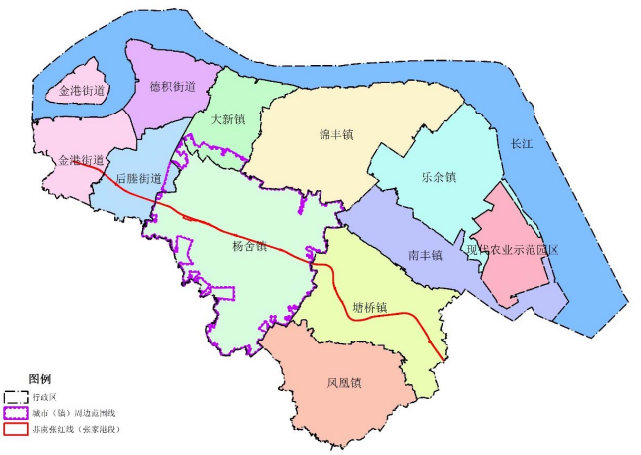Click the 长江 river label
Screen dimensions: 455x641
(522, 143)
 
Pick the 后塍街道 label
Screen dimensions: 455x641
(138, 179)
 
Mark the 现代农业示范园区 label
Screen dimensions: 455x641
(513, 250)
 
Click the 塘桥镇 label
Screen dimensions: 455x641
(369, 306)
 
